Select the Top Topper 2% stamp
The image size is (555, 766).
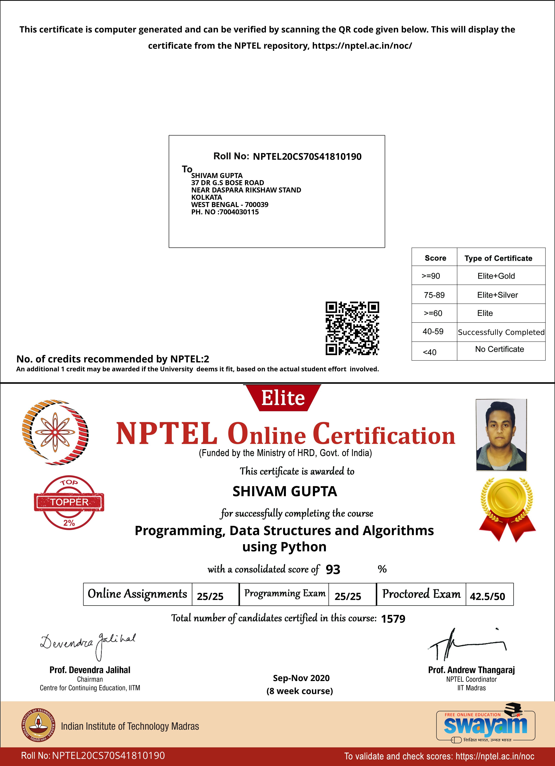tap(69, 502)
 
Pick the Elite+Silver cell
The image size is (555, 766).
tap(497, 295)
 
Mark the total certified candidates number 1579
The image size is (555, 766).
tap(393, 619)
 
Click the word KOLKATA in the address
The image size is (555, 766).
tap(207, 197)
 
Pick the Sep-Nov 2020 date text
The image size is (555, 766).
tap(301, 678)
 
